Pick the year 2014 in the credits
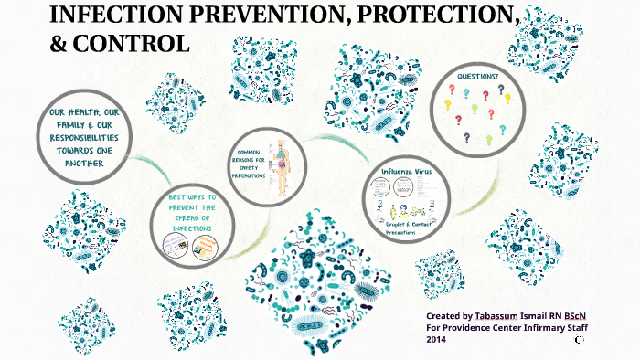pos(436,339)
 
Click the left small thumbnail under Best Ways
pos(175,243)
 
